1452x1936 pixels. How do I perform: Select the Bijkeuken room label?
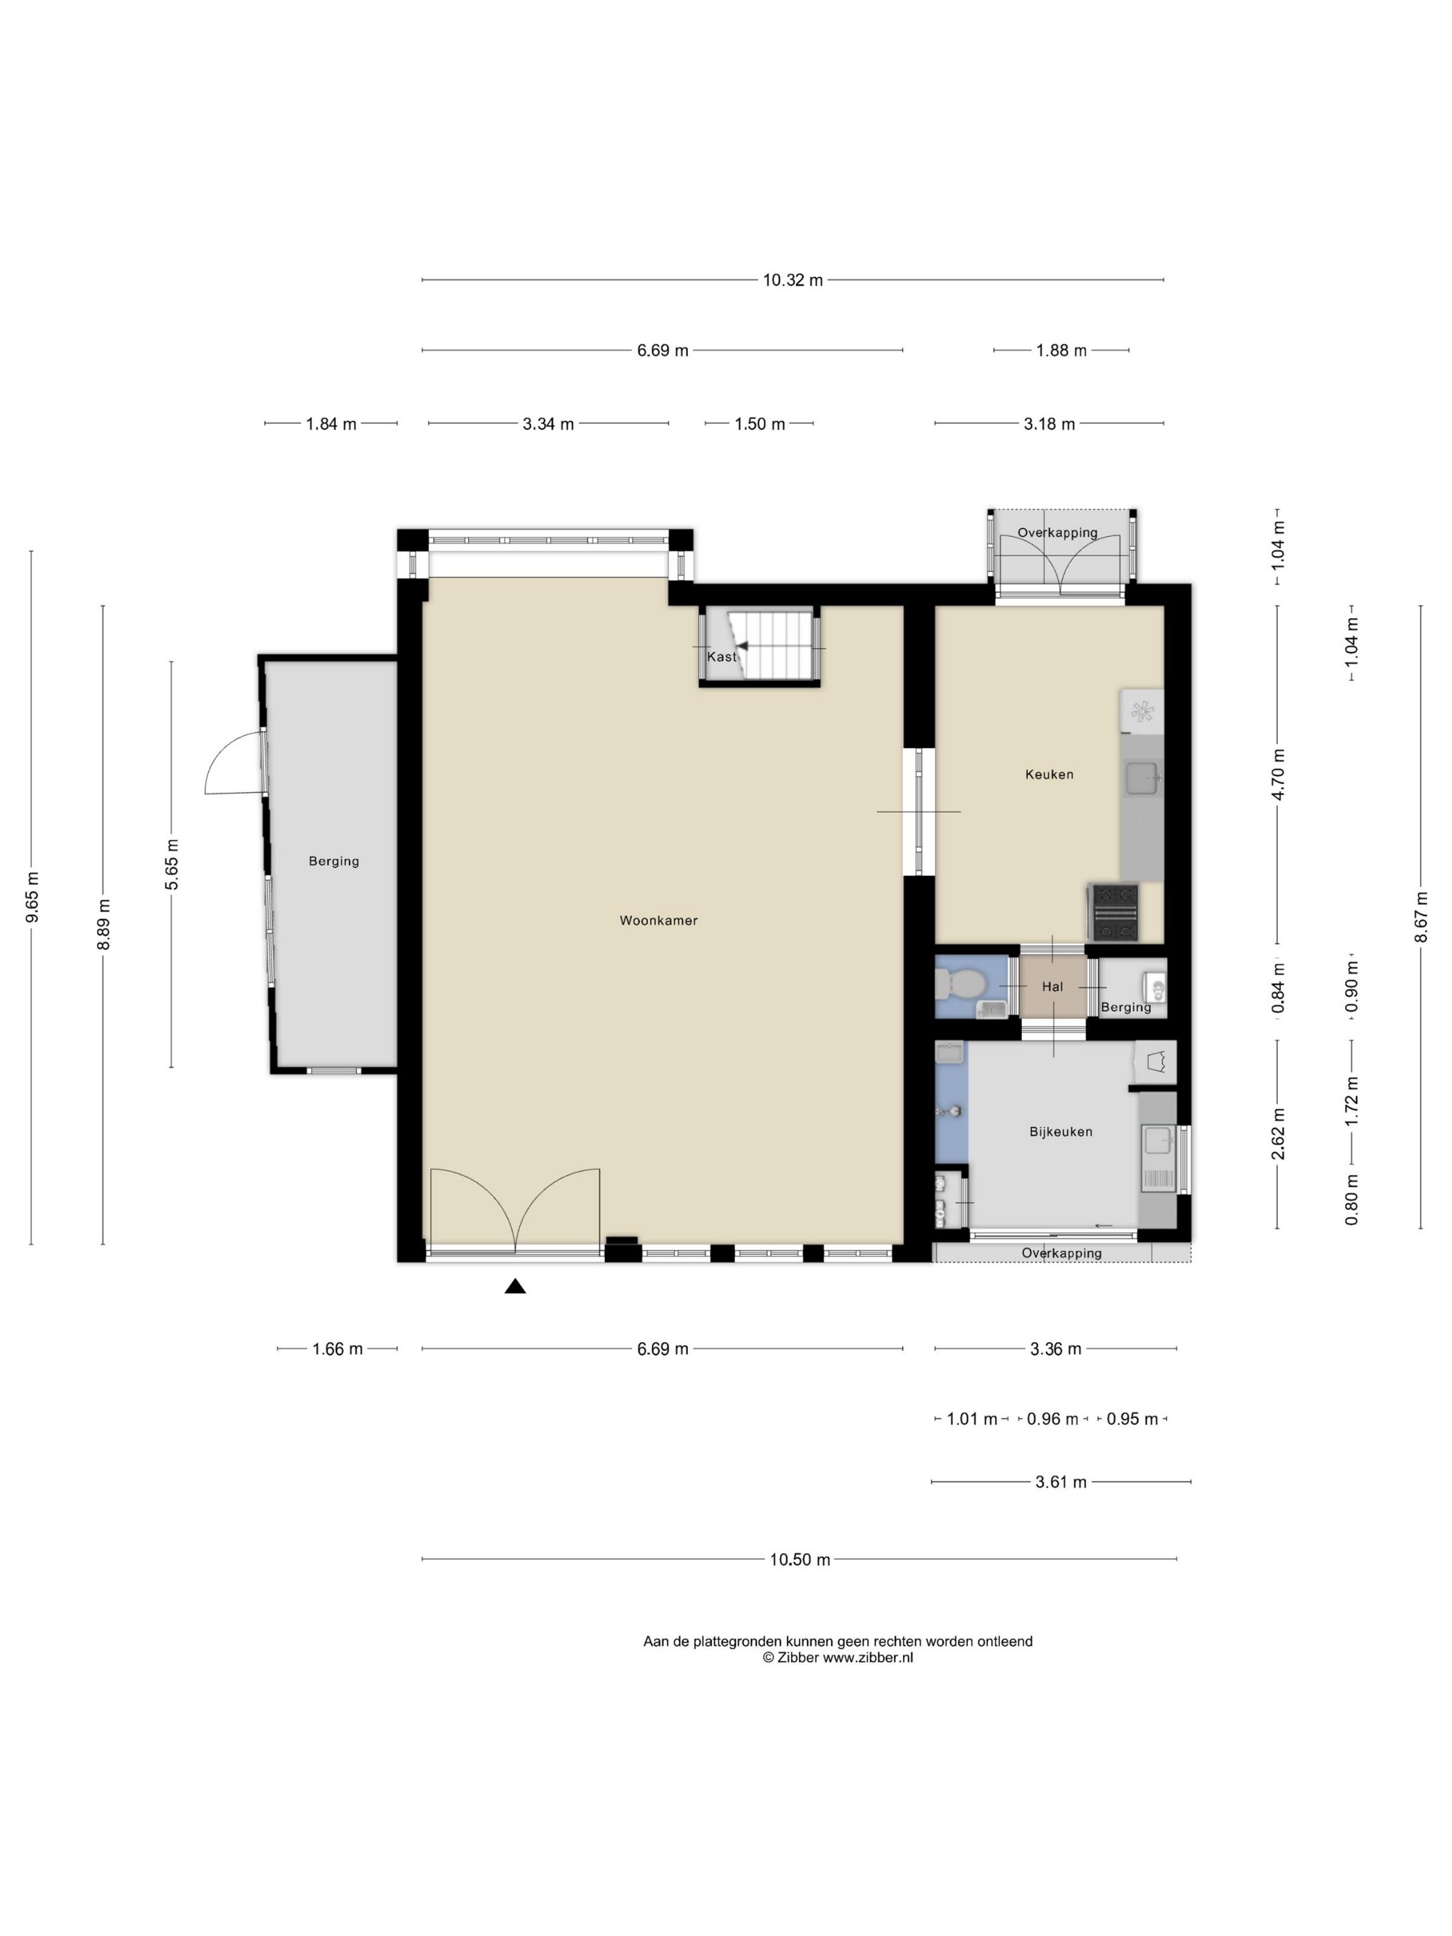(x=1061, y=1132)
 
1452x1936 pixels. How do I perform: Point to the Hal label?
(x=1052, y=987)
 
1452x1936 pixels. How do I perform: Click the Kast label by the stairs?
(x=722, y=656)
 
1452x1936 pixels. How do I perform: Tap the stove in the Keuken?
(x=1113, y=913)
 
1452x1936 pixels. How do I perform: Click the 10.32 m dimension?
(x=793, y=280)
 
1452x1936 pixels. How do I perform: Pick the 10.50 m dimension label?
(x=800, y=1560)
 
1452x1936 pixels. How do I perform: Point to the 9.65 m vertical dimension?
(x=32, y=897)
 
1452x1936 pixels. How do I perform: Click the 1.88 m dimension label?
(x=1061, y=350)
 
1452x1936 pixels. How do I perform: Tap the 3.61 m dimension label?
(x=1061, y=1482)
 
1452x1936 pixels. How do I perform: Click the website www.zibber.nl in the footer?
(x=867, y=1657)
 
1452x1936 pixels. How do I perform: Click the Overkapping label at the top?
(x=1057, y=532)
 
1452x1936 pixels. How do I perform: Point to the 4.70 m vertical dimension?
(x=1278, y=774)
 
